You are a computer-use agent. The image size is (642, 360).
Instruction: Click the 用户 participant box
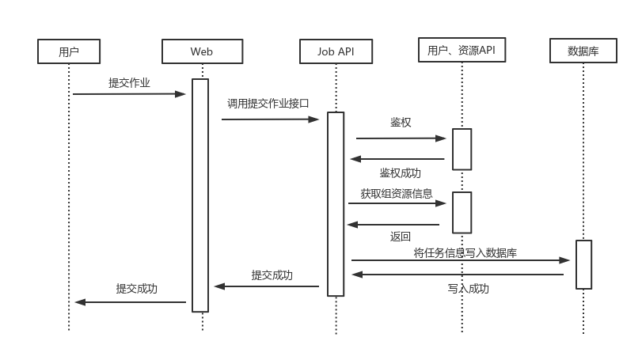69,51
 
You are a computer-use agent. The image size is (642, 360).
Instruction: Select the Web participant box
202,51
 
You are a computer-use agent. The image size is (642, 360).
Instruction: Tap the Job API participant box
336,51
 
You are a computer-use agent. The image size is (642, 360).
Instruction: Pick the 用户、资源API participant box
462,50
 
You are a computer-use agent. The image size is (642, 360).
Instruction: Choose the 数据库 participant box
583,51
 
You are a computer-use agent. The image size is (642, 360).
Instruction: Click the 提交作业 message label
129,82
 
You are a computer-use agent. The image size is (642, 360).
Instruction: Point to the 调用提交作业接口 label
268,103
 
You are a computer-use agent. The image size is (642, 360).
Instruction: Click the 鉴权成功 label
400,172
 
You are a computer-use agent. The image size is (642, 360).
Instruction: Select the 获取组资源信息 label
396,193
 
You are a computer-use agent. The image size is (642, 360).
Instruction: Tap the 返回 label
400,237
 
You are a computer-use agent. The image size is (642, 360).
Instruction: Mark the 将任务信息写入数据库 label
465,253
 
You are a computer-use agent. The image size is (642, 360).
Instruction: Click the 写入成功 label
468,289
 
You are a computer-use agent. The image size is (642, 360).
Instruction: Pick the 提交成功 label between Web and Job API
272,275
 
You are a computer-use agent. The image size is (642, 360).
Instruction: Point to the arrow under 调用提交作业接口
269,119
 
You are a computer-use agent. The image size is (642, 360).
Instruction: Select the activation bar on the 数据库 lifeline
583,264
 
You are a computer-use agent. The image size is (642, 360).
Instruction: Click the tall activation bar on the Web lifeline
200,195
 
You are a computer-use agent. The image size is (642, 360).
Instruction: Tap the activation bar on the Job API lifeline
336,204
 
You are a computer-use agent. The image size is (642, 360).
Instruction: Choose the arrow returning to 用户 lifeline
131,302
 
